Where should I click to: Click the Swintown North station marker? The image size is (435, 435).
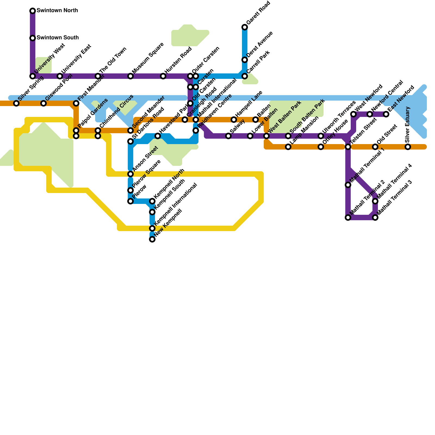tap(33, 11)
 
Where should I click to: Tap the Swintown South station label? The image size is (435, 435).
tap(57, 38)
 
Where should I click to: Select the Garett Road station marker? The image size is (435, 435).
tap(245, 27)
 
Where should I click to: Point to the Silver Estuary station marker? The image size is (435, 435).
tap(408, 147)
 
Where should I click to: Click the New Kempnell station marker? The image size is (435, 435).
tap(152, 239)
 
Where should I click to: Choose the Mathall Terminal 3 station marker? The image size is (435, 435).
tap(375, 217)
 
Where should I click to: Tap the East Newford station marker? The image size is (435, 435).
tap(386, 114)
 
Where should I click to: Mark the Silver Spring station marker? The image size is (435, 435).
tap(16, 103)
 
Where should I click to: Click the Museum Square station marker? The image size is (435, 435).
tap(130, 76)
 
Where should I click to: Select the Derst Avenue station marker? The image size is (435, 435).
tap(245, 60)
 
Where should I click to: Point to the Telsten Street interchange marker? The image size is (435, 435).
tap(348, 147)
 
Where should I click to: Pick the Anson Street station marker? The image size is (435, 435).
tap(130, 174)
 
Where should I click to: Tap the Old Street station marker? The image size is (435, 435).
tap(375, 147)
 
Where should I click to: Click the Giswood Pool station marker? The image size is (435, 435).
tap(43, 103)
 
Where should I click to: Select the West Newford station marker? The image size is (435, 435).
tap(353, 114)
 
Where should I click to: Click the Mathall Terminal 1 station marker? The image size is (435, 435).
tap(348, 185)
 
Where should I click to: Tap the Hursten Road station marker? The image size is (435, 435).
tap(163, 76)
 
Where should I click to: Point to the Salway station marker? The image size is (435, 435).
tap(228, 136)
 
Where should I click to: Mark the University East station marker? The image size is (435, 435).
tap(60, 76)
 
